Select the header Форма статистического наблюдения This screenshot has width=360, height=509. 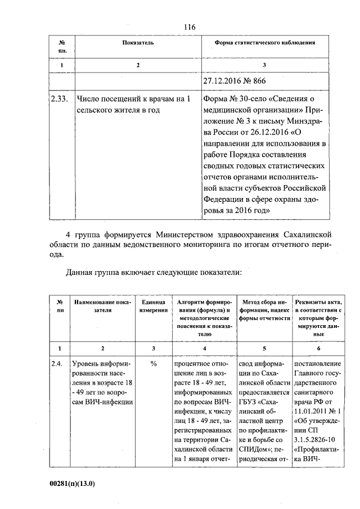pos(265,43)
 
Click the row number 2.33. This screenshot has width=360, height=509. pos(58,99)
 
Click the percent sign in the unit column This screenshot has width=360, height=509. pos(153,364)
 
